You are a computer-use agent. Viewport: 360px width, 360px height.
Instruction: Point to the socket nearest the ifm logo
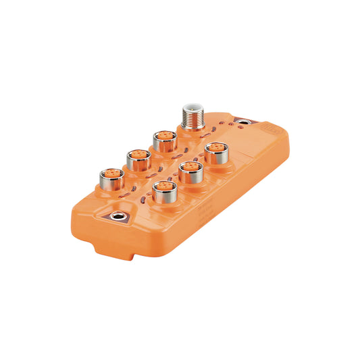coord(215,152)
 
